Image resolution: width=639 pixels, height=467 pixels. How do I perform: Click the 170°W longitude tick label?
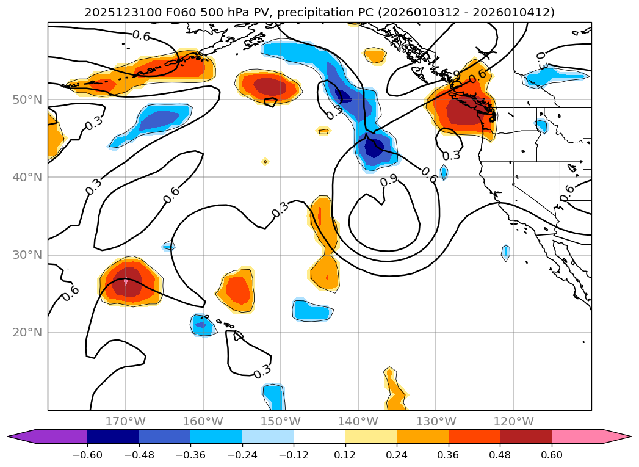tap(125, 422)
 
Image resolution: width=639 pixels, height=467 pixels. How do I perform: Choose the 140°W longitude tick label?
tap(358, 422)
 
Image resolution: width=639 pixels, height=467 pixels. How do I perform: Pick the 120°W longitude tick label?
tap(513, 422)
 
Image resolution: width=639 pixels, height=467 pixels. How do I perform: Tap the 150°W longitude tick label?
tap(281, 422)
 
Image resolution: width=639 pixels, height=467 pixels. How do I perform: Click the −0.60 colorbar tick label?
tap(87, 457)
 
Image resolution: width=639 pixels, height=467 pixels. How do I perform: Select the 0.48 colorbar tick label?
tap(500, 457)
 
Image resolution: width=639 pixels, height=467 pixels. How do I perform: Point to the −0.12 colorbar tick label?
tap(294, 457)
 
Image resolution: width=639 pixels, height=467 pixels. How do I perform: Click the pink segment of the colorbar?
tap(577, 436)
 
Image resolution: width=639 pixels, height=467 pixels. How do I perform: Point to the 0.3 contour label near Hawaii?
tap(262, 371)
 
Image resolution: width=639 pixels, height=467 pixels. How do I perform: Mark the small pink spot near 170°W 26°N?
tap(126, 283)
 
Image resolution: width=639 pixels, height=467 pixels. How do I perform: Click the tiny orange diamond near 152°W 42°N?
tap(265, 162)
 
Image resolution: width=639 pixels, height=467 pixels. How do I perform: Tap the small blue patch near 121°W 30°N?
tap(505, 252)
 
